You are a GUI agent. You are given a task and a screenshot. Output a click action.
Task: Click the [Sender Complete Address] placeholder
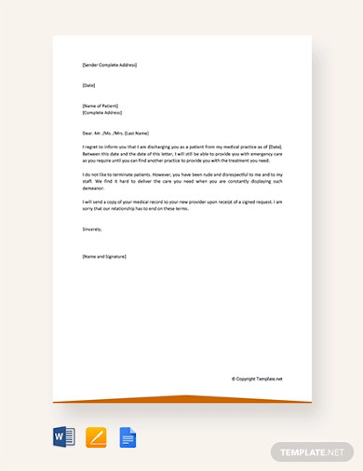point(109,65)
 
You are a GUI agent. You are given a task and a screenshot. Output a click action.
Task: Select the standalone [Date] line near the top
point(88,86)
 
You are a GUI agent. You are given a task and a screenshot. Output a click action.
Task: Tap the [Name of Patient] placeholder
point(101,105)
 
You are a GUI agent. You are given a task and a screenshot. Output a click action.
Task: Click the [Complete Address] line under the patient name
point(104,113)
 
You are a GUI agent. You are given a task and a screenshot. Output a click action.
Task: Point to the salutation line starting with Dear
point(115,132)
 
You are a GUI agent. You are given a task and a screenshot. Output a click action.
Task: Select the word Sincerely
point(92,229)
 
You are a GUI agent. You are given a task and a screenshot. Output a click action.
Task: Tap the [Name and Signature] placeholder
point(104,256)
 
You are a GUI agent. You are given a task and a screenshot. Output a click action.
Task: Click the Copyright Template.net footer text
point(257,379)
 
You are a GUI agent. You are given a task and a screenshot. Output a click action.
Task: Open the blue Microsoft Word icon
point(64,436)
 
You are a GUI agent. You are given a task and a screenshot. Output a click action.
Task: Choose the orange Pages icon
point(96,436)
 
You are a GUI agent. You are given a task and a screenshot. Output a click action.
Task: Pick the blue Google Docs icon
point(127,436)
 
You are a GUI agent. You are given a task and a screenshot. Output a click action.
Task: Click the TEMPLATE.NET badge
point(314,452)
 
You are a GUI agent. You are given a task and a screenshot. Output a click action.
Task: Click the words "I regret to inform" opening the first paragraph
point(101,147)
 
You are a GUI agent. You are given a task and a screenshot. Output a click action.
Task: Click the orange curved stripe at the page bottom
point(181,398)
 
